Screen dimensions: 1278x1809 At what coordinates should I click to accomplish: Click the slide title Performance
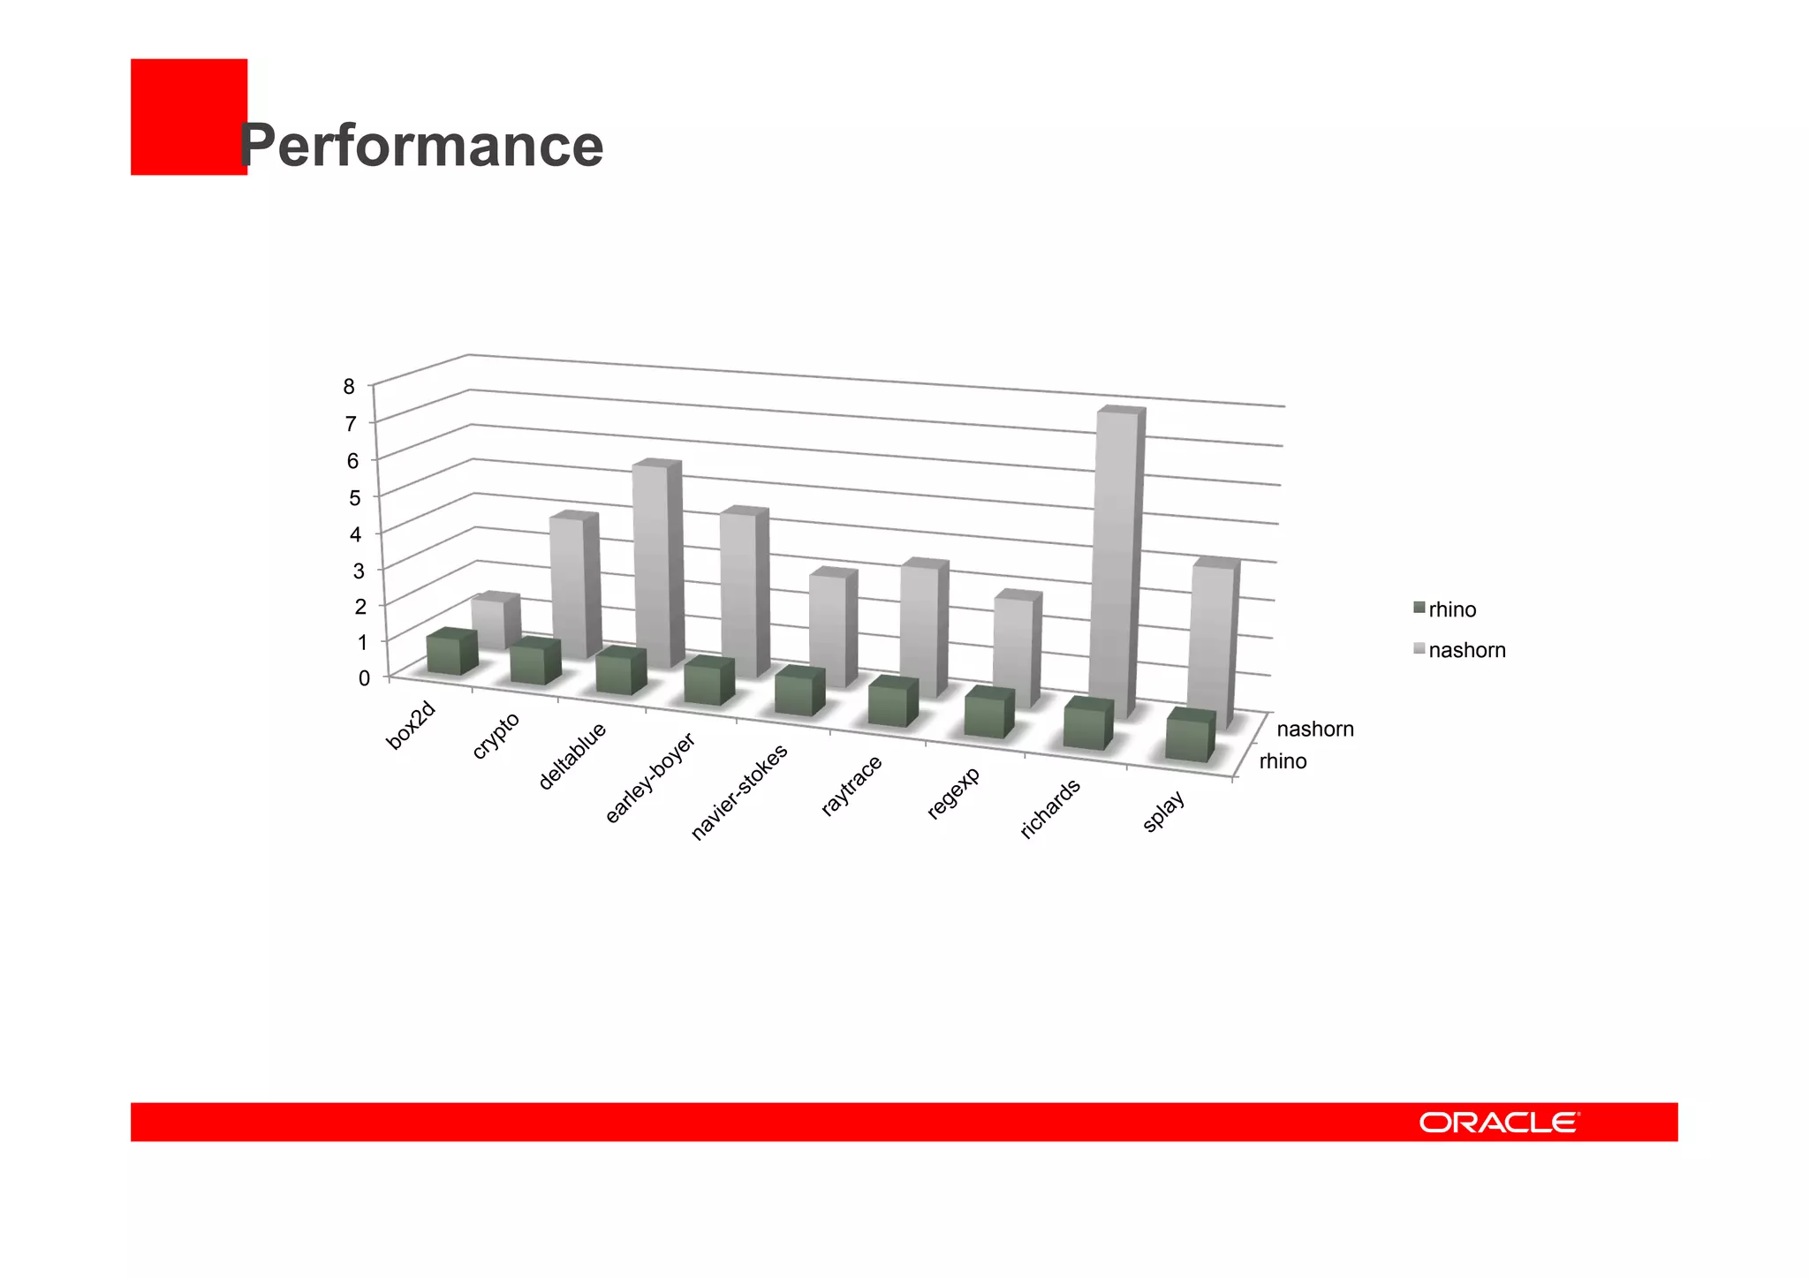point(421,145)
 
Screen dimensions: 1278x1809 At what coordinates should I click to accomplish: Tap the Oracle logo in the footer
point(1499,1123)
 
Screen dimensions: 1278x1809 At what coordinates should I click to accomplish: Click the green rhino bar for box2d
point(451,654)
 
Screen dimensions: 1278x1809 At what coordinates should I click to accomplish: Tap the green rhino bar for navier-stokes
point(799,693)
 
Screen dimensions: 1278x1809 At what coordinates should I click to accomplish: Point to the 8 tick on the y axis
point(350,386)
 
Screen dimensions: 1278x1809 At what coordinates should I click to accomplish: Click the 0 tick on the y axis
point(363,678)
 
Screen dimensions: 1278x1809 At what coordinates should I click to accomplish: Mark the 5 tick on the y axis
point(354,497)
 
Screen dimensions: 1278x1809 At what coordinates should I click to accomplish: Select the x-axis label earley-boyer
point(651,778)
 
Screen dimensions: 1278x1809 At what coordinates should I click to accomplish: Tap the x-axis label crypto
point(496,735)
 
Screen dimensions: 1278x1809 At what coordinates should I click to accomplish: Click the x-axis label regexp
point(954,793)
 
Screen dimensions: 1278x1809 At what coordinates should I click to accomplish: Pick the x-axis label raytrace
point(852,785)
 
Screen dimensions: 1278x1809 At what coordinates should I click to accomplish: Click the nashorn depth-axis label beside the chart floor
point(1314,729)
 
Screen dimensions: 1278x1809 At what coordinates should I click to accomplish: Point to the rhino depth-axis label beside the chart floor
point(1283,761)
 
